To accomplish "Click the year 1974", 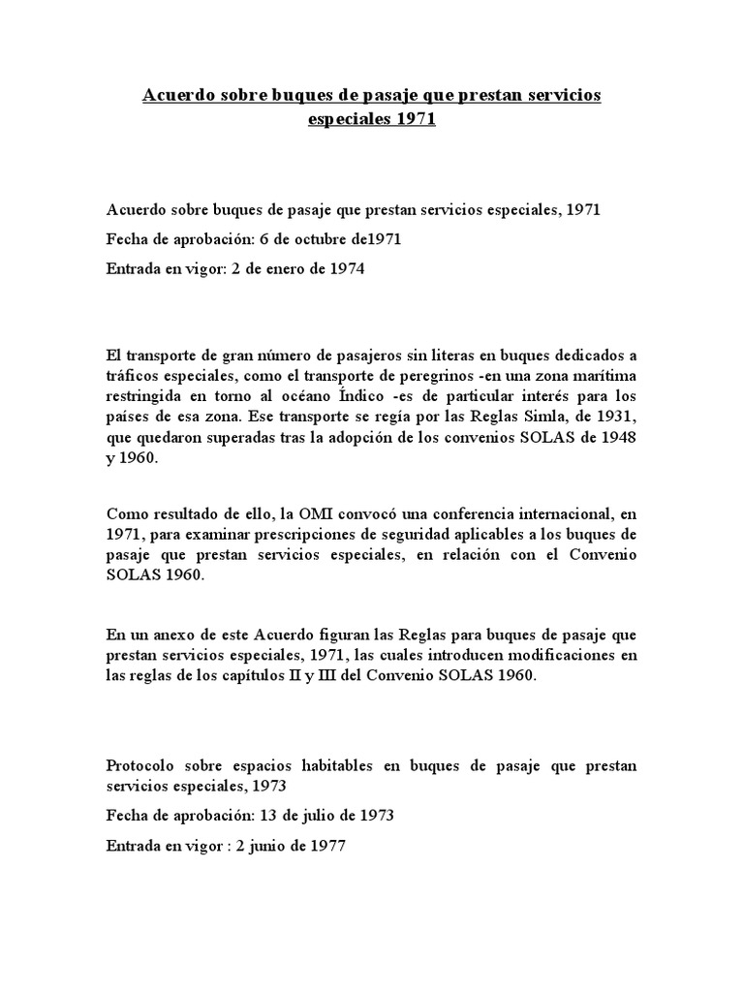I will click(344, 269).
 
